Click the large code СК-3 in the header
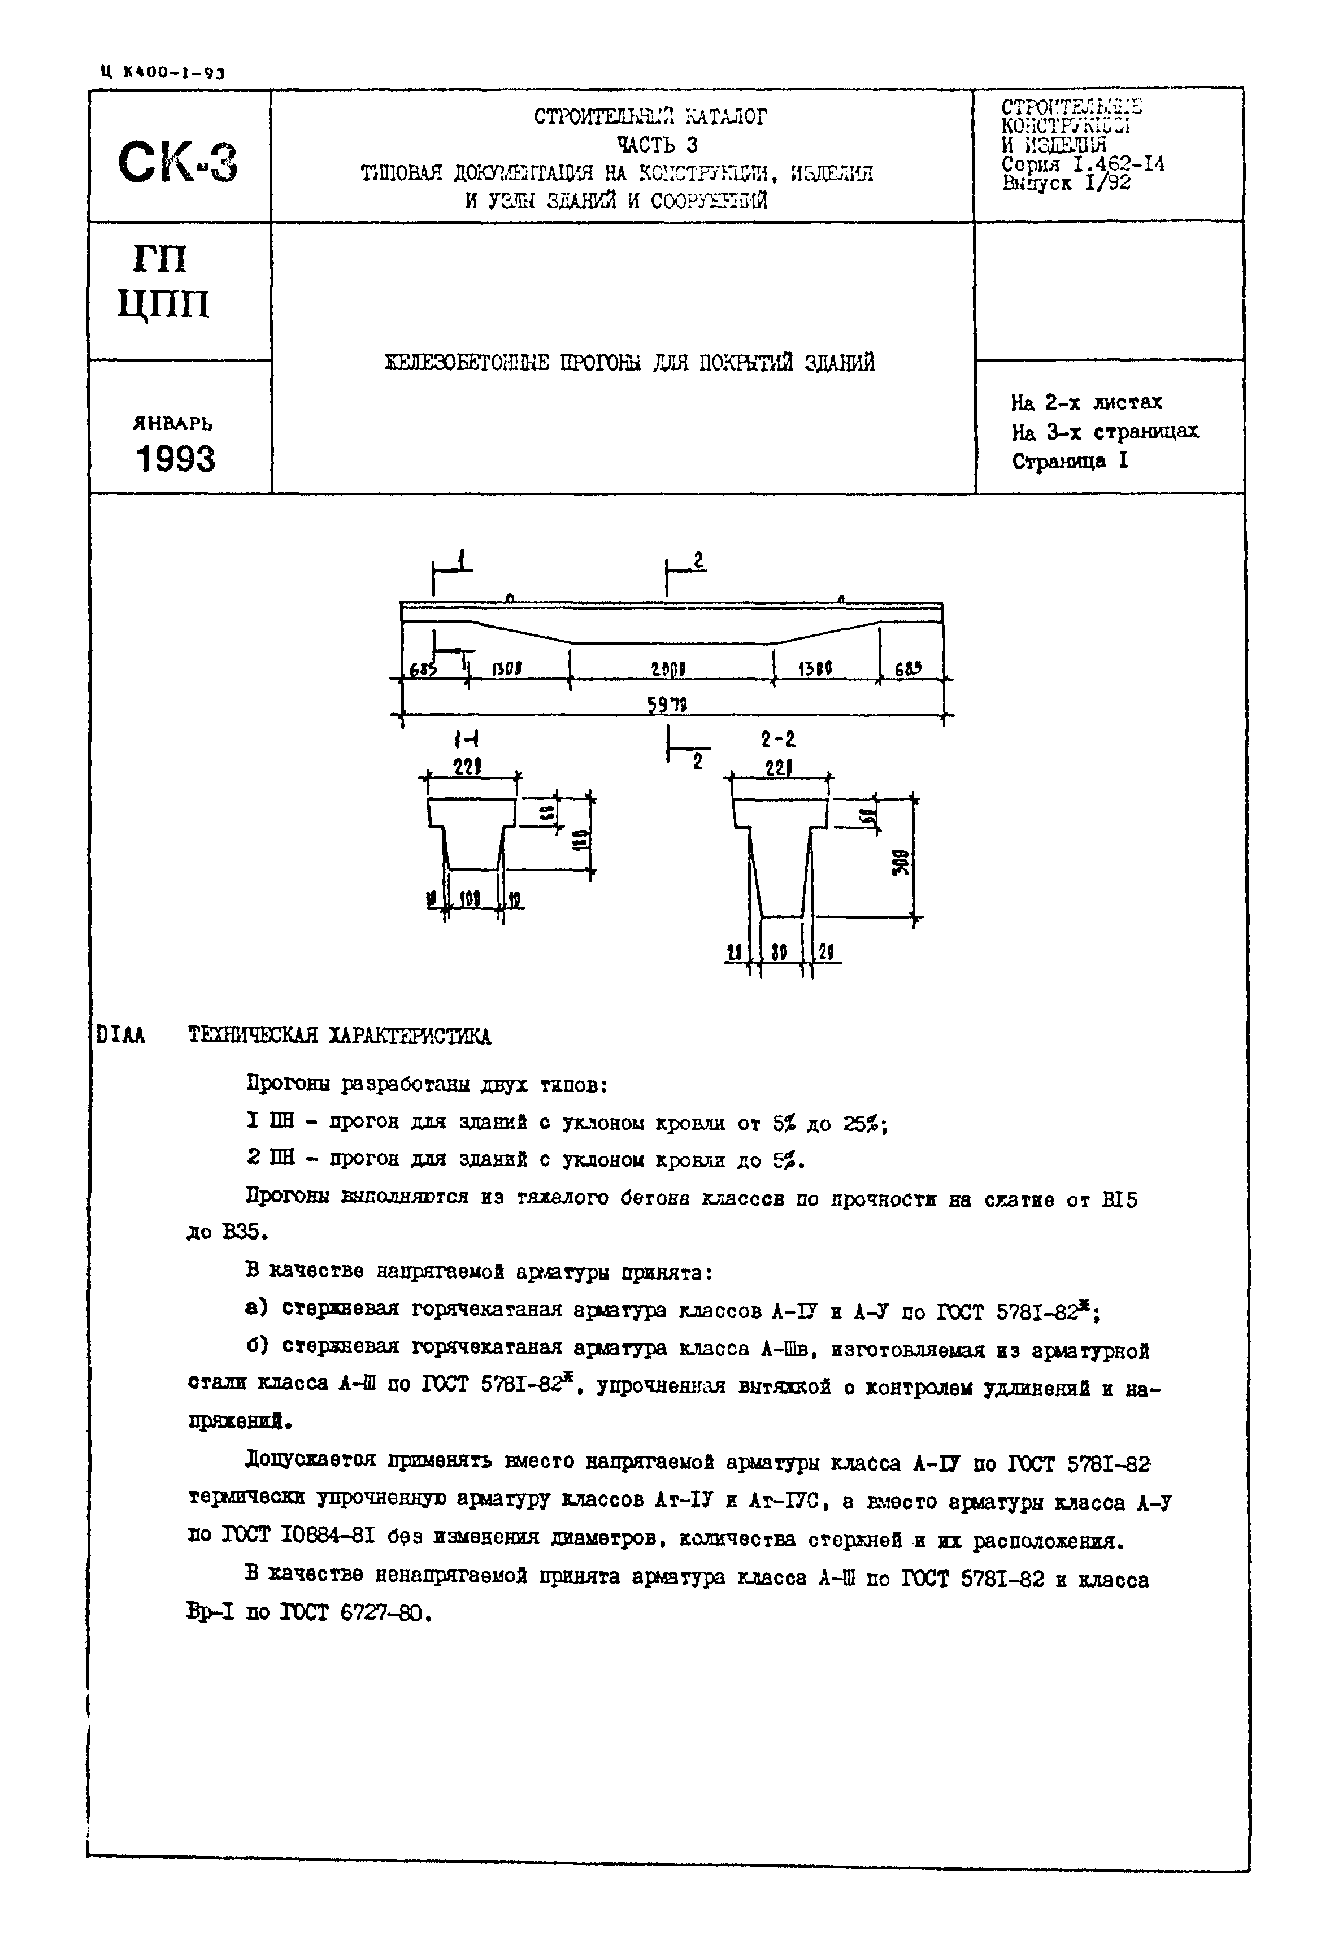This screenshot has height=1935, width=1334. coord(178,162)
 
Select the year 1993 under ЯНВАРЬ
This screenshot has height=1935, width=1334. coord(176,459)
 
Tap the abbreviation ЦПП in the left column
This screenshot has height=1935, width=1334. coord(163,303)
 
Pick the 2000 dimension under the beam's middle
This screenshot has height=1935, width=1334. coord(668,669)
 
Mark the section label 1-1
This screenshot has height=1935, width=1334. coord(466,740)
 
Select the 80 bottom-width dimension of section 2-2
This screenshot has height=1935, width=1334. coord(780,952)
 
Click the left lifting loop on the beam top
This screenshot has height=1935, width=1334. coord(510,598)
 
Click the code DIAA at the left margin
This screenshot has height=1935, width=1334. coord(120,1036)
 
